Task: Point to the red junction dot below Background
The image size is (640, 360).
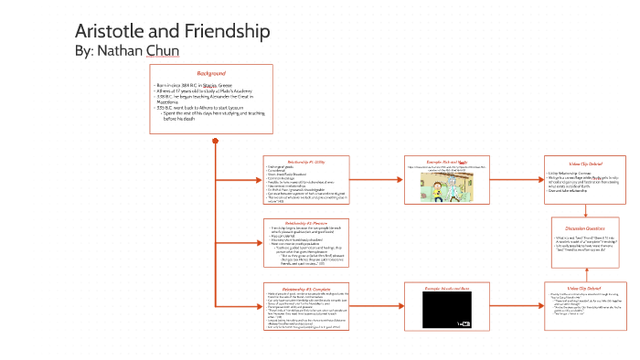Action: point(214,141)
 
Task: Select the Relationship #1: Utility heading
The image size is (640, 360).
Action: point(299,161)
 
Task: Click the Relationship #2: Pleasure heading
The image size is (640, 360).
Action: point(299,222)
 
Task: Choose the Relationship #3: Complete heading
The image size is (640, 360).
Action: point(299,287)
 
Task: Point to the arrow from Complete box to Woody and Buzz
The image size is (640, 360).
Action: point(375,304)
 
